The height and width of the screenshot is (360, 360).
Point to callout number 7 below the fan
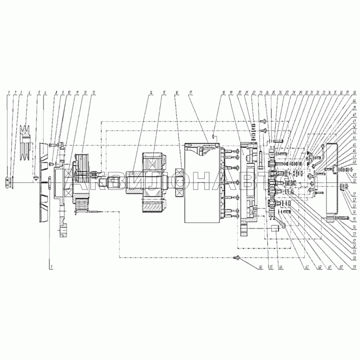point(51,268)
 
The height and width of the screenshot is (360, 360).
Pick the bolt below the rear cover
point(342,219)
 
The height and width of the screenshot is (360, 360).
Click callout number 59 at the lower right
point(354,268)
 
